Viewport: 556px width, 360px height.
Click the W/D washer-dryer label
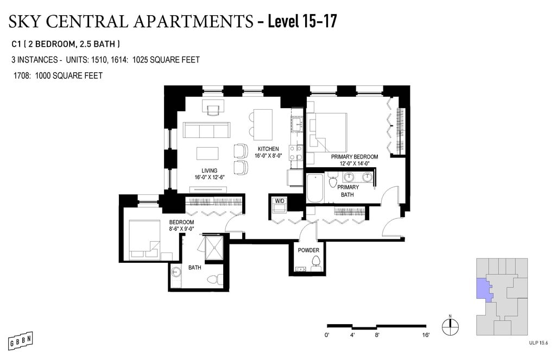click(280, 201)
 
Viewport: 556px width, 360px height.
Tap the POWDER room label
click(308, 250)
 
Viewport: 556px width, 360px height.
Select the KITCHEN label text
click(268, 149)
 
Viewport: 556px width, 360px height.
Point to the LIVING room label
click(209, 170)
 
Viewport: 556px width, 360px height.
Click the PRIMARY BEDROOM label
click(355, 157)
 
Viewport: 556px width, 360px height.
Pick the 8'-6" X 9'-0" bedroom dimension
click(181, 229)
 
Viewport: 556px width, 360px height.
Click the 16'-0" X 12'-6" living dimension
click(210, 178)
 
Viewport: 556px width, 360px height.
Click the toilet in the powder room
click(315, 264)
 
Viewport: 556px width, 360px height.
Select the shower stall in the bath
click(214, 248)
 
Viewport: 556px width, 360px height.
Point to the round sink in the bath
click(176, 273)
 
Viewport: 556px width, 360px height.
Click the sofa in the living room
click(207, 130)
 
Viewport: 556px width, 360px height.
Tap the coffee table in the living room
click(207, 154)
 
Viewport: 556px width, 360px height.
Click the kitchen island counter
click(263, 124)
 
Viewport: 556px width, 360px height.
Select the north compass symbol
click(450, 326)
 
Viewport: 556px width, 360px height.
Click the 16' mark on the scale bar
click(426, 335)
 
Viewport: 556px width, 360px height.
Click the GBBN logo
click(21, 341)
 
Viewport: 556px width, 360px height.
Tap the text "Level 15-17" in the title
click(302, 21)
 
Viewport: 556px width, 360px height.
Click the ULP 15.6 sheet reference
click(538, 343)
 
